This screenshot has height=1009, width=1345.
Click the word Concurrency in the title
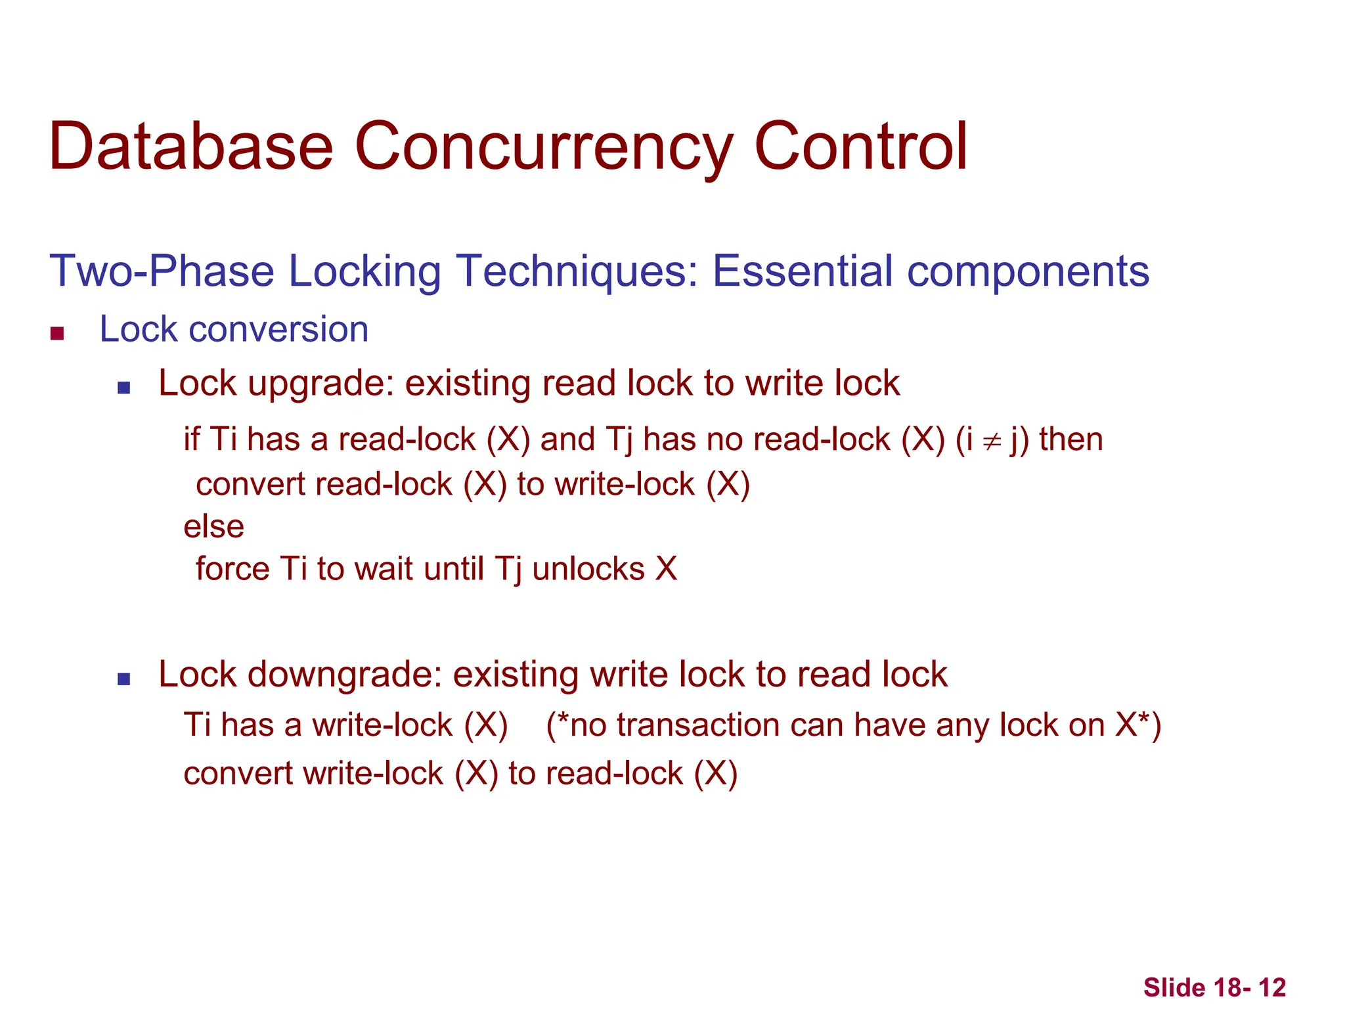[x=543, y=147]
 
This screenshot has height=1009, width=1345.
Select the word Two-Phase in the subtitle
[x=162, y=271]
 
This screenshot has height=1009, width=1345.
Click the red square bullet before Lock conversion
[x=57, y=334]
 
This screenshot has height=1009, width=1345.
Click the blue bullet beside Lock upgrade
[x=123, y=388]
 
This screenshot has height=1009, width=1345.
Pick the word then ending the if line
[x=1070, y=439]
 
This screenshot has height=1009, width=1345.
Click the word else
[x=213, y=527]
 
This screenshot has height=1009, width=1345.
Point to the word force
[x=232, y=568]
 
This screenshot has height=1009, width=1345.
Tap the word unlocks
[x=588, y=569]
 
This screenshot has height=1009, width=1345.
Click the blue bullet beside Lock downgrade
[x=123, y=679]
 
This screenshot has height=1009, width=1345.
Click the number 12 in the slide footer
[x=1272, y=987]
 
